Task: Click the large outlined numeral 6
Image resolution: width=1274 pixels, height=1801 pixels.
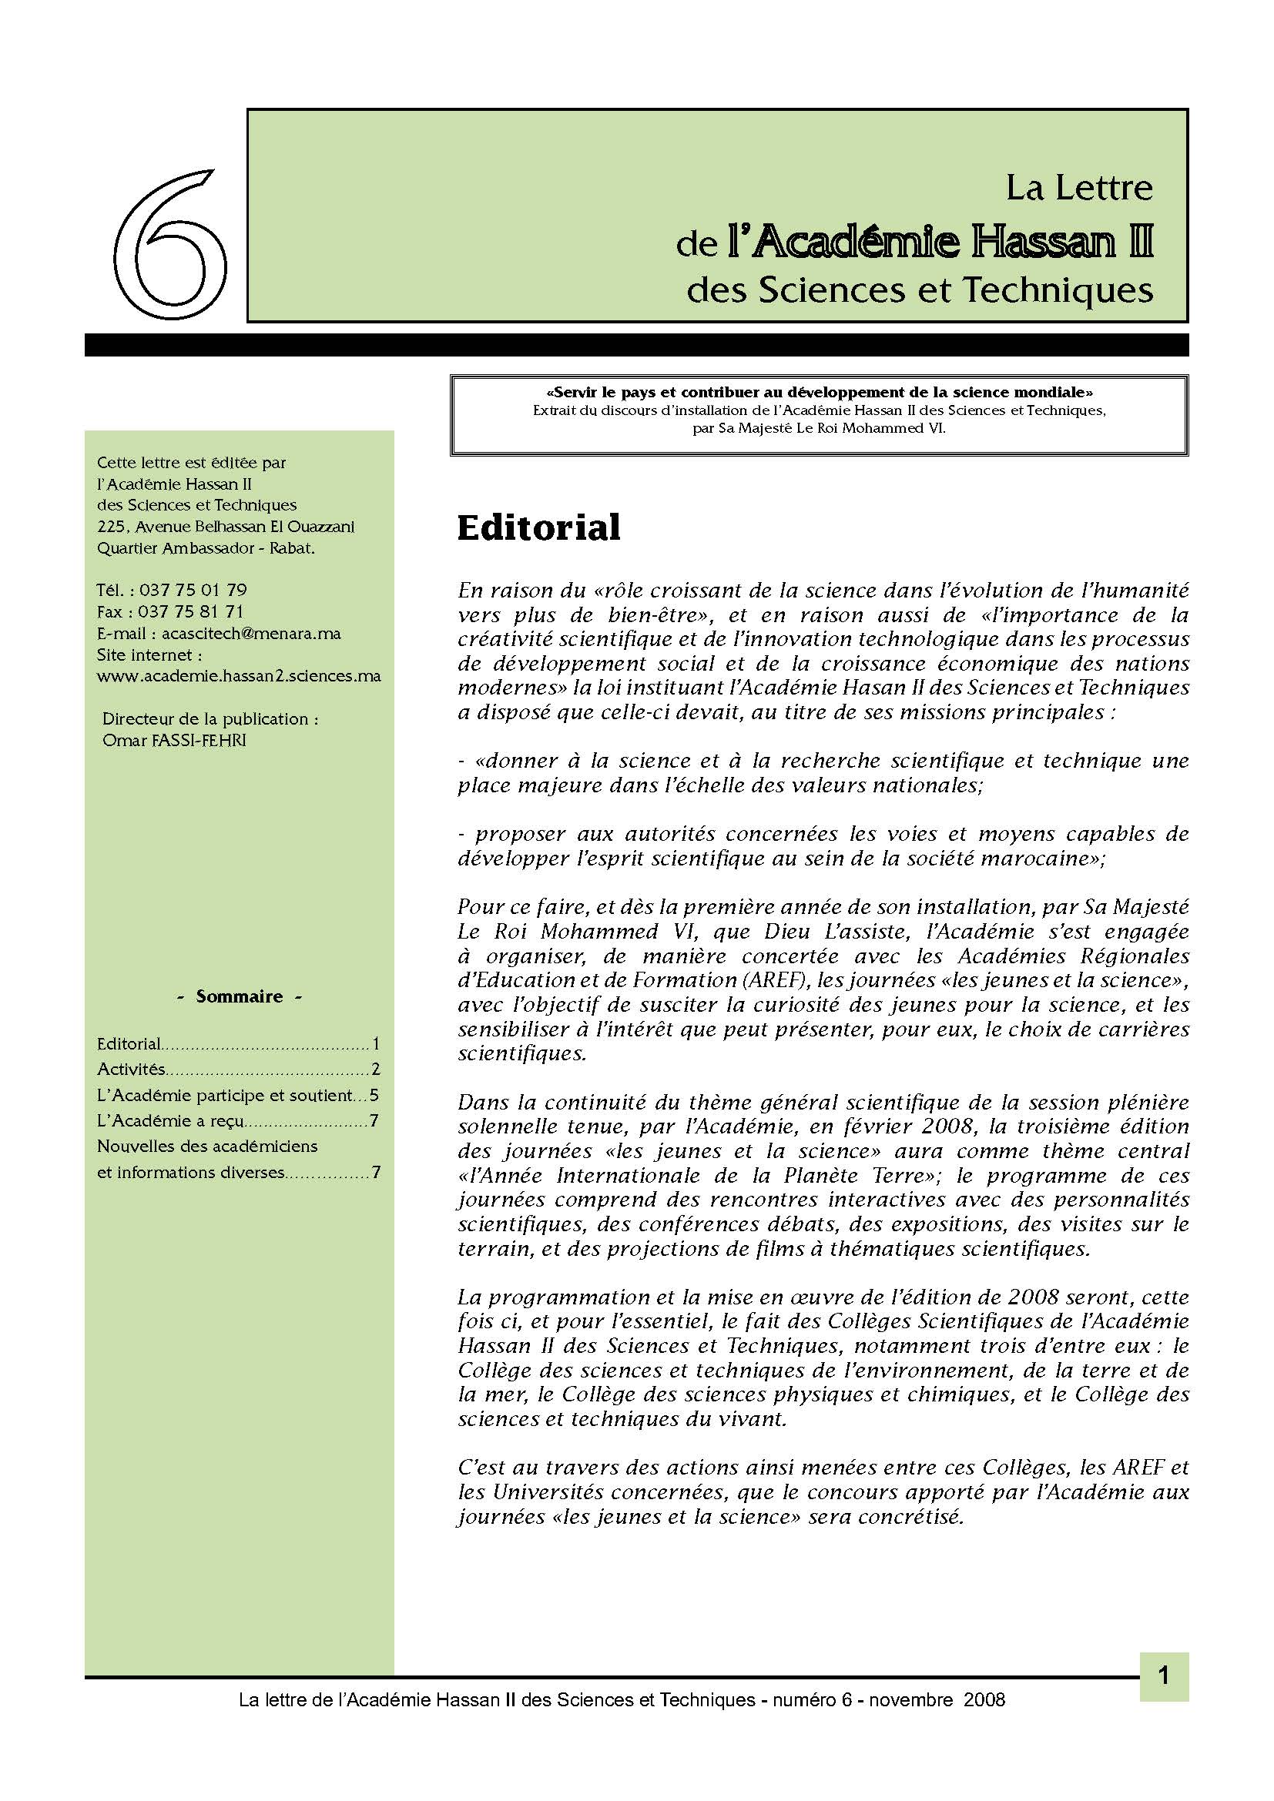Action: pos(171,245)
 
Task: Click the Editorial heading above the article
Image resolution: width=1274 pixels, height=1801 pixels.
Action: pos(538,527)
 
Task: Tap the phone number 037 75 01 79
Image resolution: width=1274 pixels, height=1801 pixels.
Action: pos(193,590)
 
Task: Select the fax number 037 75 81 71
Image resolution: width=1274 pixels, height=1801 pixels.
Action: pos(190,611)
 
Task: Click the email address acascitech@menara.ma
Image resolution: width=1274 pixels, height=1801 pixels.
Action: pos(251,633)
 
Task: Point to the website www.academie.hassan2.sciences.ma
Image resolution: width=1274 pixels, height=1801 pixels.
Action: pos(239,675)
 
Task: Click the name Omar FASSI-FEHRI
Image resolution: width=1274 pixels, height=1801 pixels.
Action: pos(174,740)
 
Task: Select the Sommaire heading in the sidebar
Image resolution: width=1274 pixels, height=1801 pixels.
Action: pos(240,996)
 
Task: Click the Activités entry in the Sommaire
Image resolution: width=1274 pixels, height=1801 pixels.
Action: pos(131,1070)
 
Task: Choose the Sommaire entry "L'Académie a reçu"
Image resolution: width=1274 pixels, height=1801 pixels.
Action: pos(170,1121)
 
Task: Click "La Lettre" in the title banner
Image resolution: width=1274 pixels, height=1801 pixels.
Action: pos(1079,187)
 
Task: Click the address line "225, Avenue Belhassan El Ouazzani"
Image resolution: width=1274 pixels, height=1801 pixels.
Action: pos(226,527)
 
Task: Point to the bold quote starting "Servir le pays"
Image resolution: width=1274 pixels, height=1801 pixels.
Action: pos(819,392)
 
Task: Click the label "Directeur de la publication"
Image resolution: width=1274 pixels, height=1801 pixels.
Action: pos(210,718)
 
